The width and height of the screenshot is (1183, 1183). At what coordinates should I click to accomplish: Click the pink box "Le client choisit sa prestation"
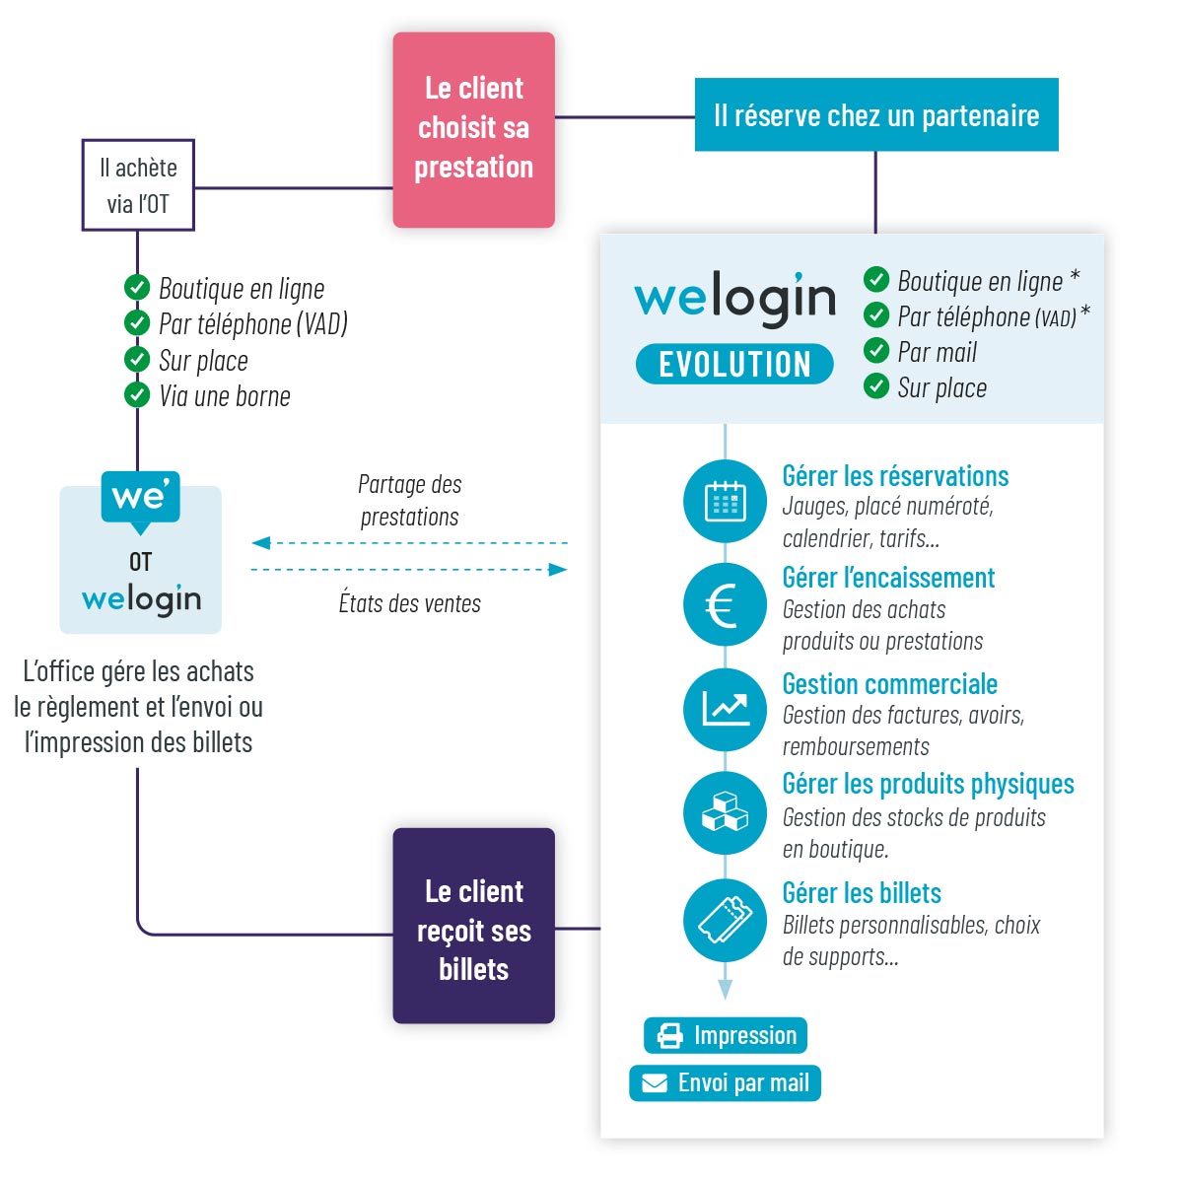473,129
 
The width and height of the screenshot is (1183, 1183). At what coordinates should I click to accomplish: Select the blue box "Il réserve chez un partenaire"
875,115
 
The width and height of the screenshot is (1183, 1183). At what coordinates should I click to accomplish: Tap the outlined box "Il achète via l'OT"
138,185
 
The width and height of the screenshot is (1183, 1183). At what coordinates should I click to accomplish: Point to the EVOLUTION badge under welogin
734,365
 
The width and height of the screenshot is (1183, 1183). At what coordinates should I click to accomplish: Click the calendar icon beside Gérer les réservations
725,501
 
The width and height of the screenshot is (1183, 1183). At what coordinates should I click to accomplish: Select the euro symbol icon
725,605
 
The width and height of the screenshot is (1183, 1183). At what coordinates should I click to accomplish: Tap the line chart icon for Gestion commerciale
725,709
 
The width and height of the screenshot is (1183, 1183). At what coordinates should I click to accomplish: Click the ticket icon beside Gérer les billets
725,920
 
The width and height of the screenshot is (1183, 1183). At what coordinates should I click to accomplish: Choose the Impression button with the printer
726,1035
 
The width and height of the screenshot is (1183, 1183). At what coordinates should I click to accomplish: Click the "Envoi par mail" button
725,1082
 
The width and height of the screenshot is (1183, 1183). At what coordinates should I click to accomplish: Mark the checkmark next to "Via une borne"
137,395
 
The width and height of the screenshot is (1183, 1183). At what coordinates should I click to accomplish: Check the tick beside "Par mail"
876,350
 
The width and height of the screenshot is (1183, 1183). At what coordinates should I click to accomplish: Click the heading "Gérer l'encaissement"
888,578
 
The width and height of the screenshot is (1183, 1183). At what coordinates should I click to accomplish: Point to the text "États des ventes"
409,603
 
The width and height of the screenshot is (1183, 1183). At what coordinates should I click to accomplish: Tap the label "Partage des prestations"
409,500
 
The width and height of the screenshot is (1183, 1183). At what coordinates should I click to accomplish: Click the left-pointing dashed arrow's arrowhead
260,543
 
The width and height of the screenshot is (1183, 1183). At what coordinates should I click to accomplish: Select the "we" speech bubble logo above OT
141,498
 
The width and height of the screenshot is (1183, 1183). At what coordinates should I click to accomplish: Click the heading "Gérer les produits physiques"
928,784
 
